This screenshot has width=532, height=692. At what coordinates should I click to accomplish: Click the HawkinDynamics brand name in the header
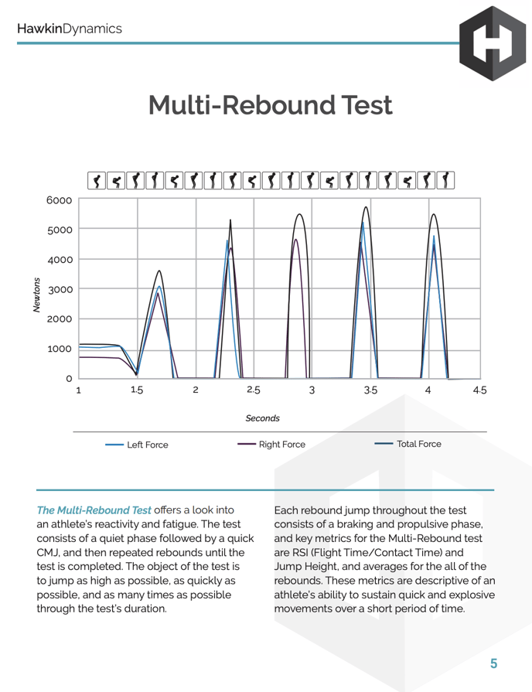tap(70, 29)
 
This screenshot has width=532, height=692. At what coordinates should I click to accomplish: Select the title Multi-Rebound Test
tap(270, 106)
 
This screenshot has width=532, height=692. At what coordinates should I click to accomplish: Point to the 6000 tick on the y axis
tap(60, 200)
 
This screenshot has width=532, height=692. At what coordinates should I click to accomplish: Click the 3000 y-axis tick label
tap(60, 289)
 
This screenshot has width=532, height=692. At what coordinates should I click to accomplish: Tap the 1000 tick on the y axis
tap(60, 349)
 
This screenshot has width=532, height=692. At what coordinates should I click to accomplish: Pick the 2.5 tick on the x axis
tap(254, 390)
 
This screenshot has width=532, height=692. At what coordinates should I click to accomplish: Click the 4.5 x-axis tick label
tap(479, 390)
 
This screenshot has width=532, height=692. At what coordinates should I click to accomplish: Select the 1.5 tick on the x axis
tap(137, 390)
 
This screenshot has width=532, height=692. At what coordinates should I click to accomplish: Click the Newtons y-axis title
tap(37, 294)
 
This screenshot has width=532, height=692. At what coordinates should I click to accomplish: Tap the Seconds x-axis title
tap(263, 418)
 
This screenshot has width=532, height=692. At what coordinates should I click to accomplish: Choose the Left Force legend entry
tap(147, 445)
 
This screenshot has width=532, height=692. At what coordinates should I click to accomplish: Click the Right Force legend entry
tap(281, 445)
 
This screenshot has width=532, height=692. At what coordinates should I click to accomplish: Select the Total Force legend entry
tap(418, 445)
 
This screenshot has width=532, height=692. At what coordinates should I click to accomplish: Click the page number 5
tap(493, 663)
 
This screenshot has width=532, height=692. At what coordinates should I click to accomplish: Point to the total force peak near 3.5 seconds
tap(366, 207)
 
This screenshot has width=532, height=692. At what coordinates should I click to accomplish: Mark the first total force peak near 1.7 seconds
tap(159, 271)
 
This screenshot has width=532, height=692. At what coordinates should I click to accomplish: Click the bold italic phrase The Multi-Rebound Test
tap(94, 511)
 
